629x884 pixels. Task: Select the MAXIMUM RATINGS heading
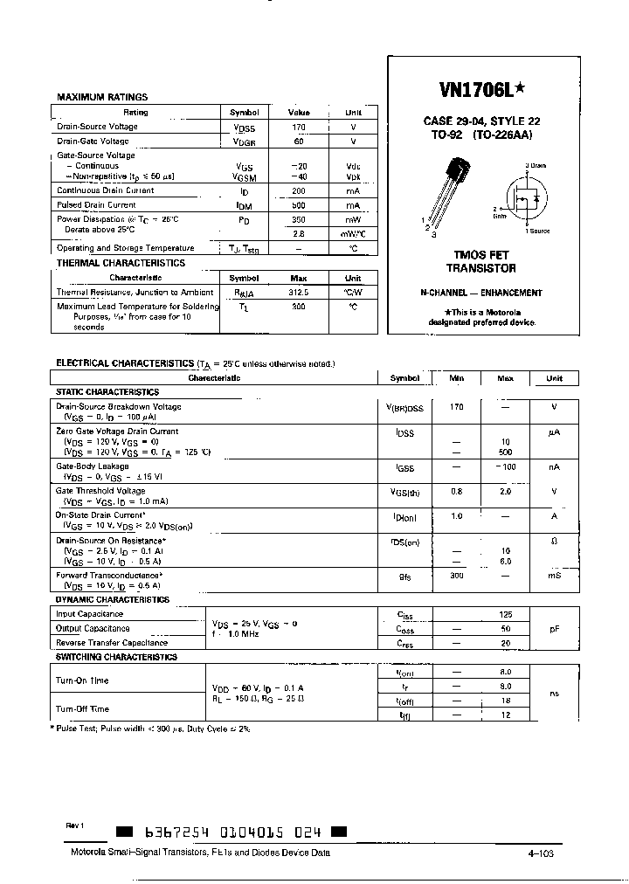(102, 98)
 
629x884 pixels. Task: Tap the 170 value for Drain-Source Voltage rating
(299, 127)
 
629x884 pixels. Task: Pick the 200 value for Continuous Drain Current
(299, 190)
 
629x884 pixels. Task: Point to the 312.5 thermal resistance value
(299, 293)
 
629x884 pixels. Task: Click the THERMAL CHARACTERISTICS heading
(121, 263)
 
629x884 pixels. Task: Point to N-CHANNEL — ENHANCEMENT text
(480, 294)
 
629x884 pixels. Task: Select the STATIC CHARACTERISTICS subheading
(107, 393)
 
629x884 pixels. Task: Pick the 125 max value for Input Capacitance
(505, 615)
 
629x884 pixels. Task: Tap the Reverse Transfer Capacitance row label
(112, 643)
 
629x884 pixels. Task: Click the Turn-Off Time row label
(83, 709)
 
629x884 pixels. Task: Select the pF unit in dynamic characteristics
(554, 629)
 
